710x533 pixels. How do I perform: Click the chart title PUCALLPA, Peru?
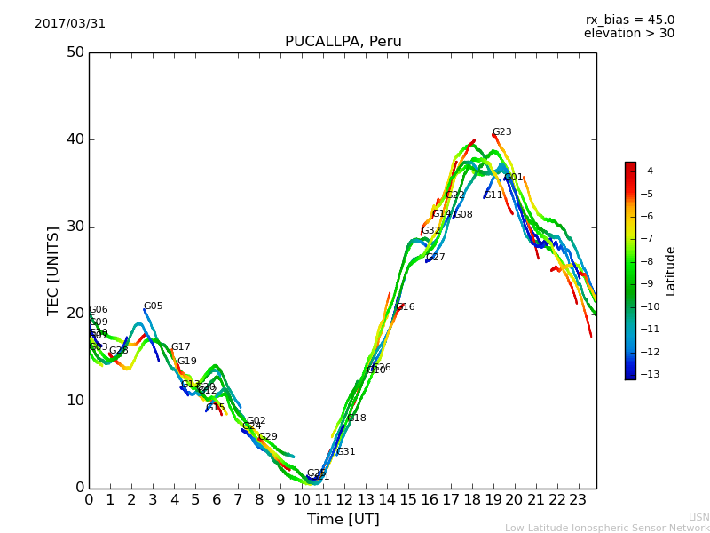[343, 42]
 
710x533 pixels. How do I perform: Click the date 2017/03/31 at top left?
[70, 24]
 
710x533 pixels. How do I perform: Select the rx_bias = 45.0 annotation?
[629, 20]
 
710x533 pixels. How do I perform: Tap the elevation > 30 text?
[628, 34]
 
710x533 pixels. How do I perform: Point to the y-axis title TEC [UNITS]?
[54, 271]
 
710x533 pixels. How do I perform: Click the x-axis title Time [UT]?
[343, 520]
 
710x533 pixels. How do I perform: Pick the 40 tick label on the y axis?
[75, 139]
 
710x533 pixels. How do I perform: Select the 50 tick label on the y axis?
[75, 52]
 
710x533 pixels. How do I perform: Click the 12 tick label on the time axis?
[344, 500]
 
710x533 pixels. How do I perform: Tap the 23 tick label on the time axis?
[579, 500]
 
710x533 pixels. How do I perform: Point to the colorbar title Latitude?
[671, 271]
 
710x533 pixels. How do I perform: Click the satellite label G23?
[501, 132]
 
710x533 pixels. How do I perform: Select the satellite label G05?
[153, 306]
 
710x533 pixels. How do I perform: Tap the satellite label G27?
[435, 258]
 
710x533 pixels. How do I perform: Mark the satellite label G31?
[345, 452]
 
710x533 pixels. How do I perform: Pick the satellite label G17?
[180, 347]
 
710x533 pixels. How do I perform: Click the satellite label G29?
[267, 437]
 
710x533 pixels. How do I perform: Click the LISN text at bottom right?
[698, 517]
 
